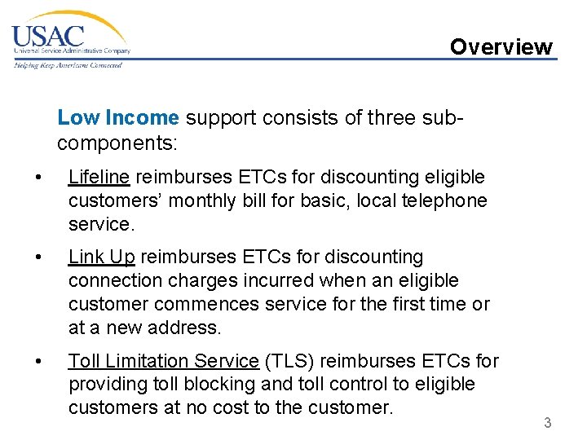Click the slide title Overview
tap(501, 47)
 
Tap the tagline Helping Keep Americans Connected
tap(67, 65)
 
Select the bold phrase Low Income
tap(118, 118)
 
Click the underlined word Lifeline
tap(99, 177)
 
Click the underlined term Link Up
tap(102, 257)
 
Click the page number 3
tap(548, 423)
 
